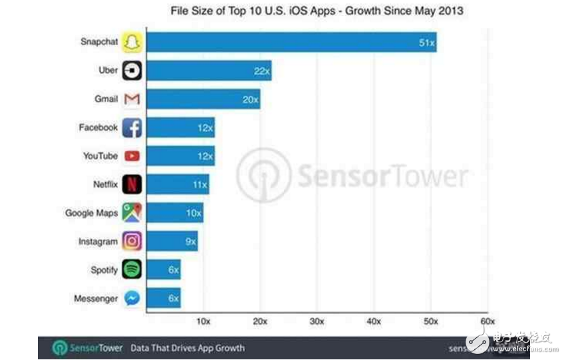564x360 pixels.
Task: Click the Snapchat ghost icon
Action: (x=132, y=42)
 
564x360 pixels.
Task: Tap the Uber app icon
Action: (x=132, y=71)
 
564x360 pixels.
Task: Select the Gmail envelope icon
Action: (x=132, y=99)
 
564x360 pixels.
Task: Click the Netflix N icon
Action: (x=132, y=184)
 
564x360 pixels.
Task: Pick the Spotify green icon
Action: (x=132, y=270)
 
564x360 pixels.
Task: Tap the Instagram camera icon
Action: (x=132, y=242)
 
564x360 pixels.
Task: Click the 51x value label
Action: (x=426, y=43)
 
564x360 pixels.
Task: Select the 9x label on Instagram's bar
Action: (x=190, y=242)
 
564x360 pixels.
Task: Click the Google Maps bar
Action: (x=174, y=213)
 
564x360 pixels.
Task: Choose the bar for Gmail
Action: (x=203, y=99)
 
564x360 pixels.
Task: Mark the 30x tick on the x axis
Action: (x=317, y=321)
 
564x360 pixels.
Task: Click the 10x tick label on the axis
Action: (x=204, y=321)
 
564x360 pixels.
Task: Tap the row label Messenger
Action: (x=96, y=299)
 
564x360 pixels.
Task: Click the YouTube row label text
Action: (x=100, y=156)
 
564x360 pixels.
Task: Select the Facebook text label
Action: (x=98, y=127)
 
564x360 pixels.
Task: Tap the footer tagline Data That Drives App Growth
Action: (x=187, y=347)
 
